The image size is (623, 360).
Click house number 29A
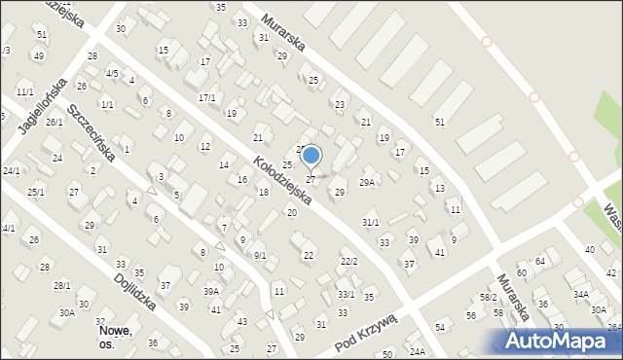click(367, 183)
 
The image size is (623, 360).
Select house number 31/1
click(371, 223)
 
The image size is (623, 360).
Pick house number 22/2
click(348, 262)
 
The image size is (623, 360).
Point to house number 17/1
click(206, 98)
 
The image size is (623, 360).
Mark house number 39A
click(211, 292)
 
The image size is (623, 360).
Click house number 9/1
click(260, 256)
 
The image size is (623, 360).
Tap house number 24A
click(418, 351)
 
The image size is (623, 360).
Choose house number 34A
click(581, 294)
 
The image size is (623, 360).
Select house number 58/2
click(488, 297)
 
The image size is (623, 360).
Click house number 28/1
click(61, 285)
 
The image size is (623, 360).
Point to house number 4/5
click(112, 74)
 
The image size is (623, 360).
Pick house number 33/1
click(346, 295)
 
